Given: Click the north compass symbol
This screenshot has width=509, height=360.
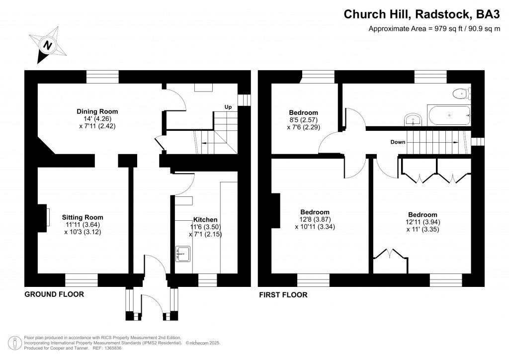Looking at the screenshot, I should click(x=47, y=46).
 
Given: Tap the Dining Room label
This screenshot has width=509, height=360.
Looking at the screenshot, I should click(x=97, y=111).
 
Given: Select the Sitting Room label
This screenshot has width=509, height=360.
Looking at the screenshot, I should click(x=83, y=217).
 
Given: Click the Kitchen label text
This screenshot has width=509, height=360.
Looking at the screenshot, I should click(x=205, y=219).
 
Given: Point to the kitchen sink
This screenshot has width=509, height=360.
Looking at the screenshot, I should click(x=182, y=254).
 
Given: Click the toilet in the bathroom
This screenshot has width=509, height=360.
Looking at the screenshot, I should click(x=462, y=92).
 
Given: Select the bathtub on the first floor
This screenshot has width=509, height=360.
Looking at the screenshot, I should click(x=448, y=115).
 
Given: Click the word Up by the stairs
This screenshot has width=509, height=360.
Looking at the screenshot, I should click(x=228, y=107).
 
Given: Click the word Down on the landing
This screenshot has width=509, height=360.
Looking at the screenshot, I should click(x=398, y=142).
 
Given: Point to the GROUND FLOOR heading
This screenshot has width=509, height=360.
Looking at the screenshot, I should click(x=54, y=294).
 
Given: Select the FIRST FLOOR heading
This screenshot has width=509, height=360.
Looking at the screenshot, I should click(x=283, y=295).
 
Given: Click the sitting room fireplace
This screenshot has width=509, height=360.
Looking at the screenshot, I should click(x=45, y=217).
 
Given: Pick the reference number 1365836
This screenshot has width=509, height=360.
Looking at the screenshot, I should click(x=111, y=348).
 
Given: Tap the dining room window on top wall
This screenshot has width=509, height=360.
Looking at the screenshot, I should click(x=102, y=77).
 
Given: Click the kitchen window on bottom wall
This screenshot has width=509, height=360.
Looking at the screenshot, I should click(x=207, y=281).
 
